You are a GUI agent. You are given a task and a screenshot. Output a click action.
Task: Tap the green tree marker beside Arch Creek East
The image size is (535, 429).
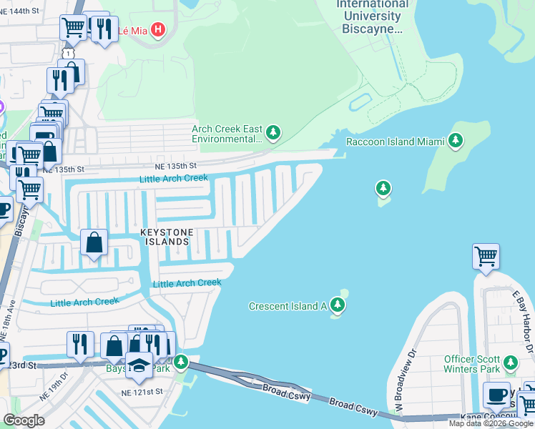pyautogui.click(x=273, y=133)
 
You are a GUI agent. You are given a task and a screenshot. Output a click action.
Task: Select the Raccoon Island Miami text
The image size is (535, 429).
pyautogui.click(x=390, y=142)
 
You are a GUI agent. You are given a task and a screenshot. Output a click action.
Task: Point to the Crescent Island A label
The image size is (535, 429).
pyautogui.click(x=288, y=306)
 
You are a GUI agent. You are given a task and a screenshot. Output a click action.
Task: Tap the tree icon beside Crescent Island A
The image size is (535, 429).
pyautogui.click(x=338, y=307)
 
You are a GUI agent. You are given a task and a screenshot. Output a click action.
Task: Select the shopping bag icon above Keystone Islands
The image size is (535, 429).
pyautogui.click(x=94, y=242)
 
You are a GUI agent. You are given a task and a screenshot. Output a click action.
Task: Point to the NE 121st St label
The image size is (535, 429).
pyautogui.click(x=142, y=393)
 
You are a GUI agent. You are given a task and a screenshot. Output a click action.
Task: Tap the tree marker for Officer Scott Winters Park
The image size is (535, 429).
pyautogui.click(x=511, y=362)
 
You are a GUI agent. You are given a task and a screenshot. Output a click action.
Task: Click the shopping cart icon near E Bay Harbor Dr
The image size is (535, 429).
pyautogui.click(x=486, y=256)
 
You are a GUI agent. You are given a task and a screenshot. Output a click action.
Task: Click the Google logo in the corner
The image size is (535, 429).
pyautogui.click(x=23, y=420)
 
